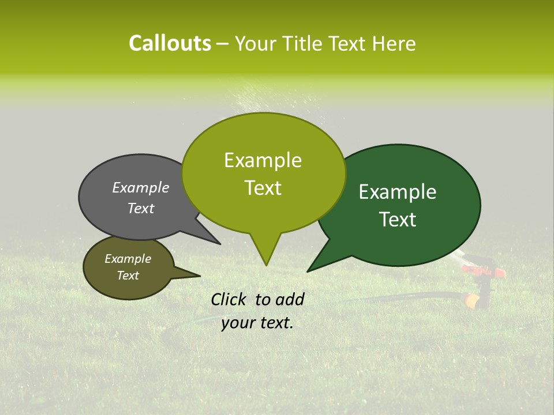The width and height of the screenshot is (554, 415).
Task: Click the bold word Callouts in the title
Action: coord(170,43)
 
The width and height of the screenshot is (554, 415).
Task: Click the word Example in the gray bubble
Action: coord(141,187)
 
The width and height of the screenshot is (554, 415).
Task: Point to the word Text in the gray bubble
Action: coord(141,208)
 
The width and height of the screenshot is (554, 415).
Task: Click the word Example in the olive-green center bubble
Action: coord(263,160)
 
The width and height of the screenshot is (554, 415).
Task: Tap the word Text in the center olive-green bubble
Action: coord(263,188)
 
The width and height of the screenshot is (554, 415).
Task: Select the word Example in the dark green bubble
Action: coord(398,192)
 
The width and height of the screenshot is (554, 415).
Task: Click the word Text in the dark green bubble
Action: coord(398,220)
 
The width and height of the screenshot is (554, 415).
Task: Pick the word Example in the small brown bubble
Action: coord(128,259)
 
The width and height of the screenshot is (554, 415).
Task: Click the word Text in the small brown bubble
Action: coord(128,276)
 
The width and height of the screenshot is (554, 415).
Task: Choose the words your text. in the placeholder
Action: coord(257,323)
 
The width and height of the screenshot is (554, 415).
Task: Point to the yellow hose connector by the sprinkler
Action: coord(471,300)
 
